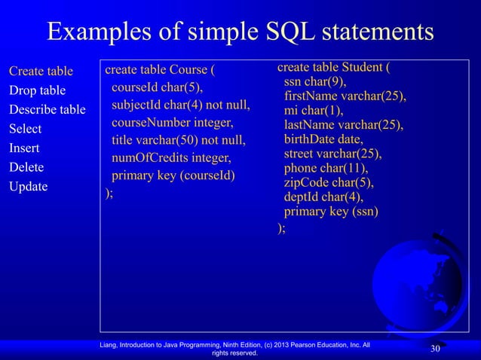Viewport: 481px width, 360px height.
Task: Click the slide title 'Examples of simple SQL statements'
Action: pos(240,32)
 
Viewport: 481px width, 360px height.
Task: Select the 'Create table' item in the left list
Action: pos(41,72)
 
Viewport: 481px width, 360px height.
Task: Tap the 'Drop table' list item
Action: pos(37,91)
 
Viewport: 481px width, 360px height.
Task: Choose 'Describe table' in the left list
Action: pos(47,110)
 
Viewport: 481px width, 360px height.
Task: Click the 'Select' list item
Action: pos(25,129)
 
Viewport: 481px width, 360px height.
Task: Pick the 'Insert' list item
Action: pos(24,148)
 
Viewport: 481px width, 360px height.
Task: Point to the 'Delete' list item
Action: pos(26,167)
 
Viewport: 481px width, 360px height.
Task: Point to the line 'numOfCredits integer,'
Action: pos(171,159)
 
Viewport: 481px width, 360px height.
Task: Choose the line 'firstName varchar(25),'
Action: pos(345,97)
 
